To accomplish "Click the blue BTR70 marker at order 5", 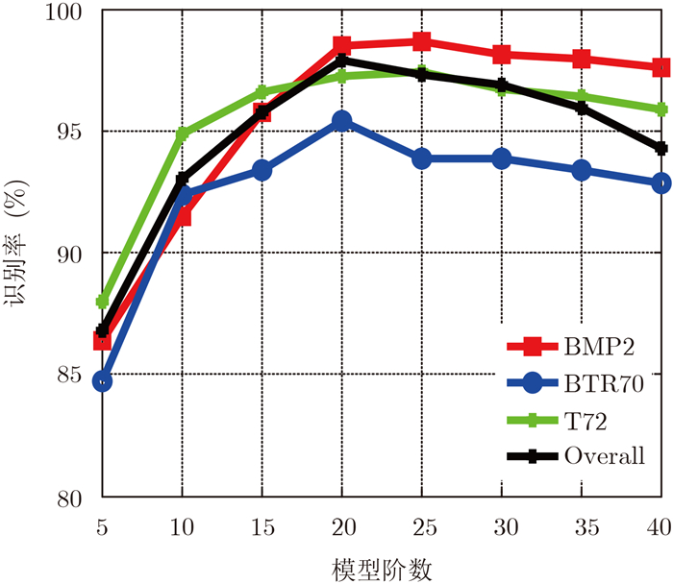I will pos(102,381).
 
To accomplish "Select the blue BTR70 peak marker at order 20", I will pos(341,121).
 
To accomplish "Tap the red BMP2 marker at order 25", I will pos(421,41).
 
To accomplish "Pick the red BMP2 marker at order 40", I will pos(661,67).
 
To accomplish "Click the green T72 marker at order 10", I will pos(182,133).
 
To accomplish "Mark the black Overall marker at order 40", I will pos(661,148).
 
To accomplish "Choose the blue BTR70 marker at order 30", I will pos(501,158).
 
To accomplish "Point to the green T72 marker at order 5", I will pos(102,302).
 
